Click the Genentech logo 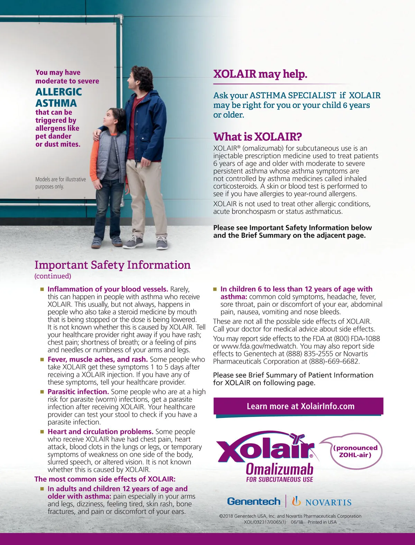coord(253,501)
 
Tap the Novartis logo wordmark coord(328,502)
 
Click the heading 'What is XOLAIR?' coord(258,137)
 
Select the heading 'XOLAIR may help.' coord(260,74)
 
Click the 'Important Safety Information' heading coord(112,265)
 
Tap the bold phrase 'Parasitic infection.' coord(78,392)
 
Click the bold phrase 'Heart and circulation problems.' coord(100,432)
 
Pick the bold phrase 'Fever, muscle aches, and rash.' coord(98,359)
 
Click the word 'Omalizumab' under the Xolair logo coord(279,469)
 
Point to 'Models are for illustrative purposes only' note coord(61,183)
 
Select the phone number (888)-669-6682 coord(334,361)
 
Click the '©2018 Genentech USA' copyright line coord(290,516)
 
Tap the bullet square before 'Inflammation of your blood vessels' coord(42,289)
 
